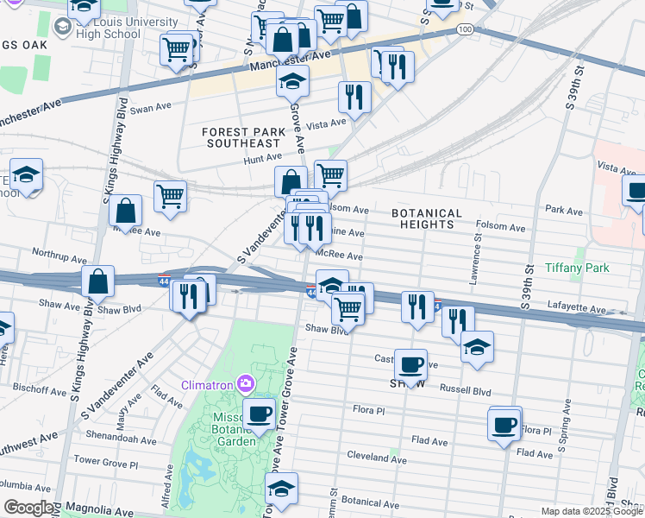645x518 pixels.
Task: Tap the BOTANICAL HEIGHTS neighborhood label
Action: coord(427,218)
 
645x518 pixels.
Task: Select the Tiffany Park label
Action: coord(577,268)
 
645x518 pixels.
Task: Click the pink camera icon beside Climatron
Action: coord(247,383)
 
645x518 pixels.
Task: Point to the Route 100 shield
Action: coord(465,30)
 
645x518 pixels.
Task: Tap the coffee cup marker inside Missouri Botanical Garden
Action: coord(259,414)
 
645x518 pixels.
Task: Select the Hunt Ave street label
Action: coord(263,158)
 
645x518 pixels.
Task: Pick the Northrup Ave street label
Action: coord(59,258)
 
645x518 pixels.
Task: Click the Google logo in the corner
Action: coord(29,508)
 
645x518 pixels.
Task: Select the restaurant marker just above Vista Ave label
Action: coord(354,97)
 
